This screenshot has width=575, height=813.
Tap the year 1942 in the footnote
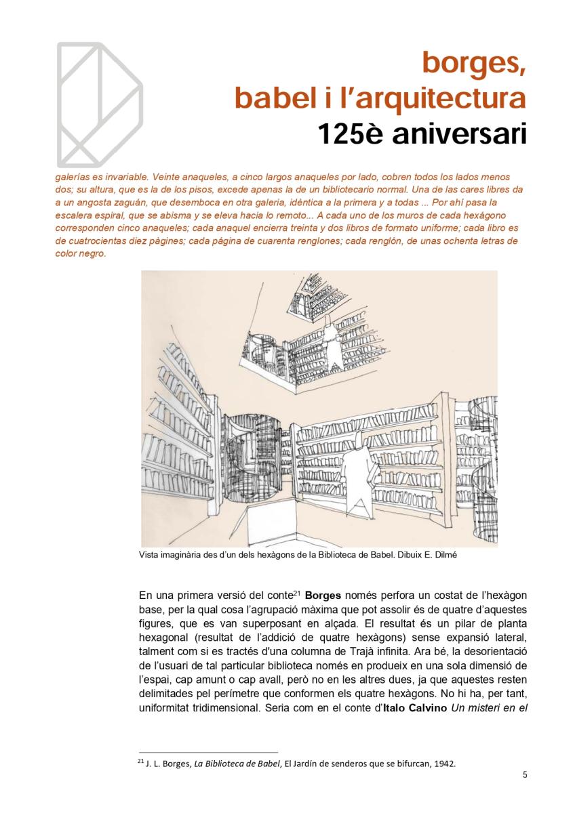click(x=445, y=764)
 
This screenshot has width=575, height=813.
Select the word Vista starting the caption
click(x=148, y=555)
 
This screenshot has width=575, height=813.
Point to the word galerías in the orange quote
click(x=75, y=176)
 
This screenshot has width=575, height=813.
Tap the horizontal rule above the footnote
click(x=208, y=752)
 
